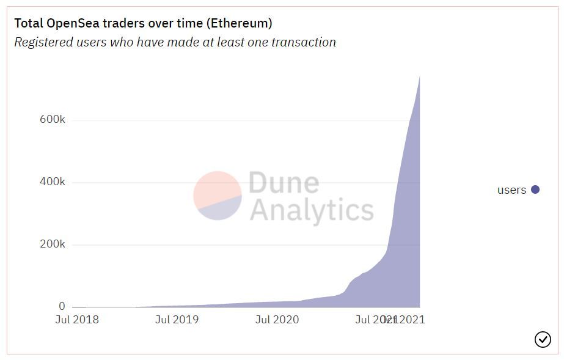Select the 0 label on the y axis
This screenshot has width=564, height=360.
click(x=62, y=306)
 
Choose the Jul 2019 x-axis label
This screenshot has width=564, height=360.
click(x=177, y=320)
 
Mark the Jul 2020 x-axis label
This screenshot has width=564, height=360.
click(x=277, y=320)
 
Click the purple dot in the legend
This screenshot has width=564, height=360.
click(x=535, y=189)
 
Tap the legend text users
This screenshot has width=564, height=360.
click(x=511, y=190)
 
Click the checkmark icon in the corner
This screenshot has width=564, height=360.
click(x=543, y=339)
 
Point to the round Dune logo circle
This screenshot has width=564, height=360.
click(x=218, y=196)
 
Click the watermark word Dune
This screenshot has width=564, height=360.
click(x=284, y=183)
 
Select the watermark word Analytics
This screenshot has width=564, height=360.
click(x=311, y=210)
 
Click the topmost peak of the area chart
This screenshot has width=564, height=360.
click(x=419, y=76)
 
